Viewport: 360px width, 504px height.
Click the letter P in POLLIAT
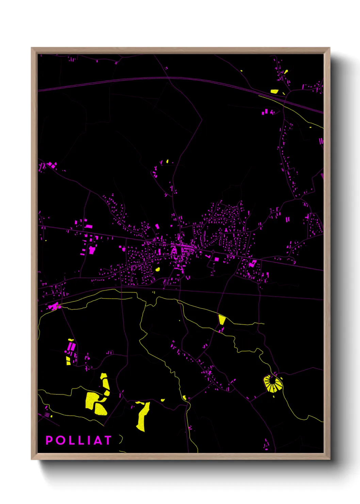tap(49, 440)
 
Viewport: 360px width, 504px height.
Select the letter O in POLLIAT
tap(62, 440)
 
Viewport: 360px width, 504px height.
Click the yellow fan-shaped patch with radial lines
tap(273, 384)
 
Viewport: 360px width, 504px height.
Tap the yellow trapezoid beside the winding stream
tap(222, 319)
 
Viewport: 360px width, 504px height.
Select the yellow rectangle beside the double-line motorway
tap(274, 91)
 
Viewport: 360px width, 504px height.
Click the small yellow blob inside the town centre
tap(158, 269)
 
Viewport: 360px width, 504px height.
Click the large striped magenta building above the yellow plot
tap(71, 347)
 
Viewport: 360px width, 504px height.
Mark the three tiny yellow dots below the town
tap(154, 292)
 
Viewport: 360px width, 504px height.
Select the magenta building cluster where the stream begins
tap(53, 306)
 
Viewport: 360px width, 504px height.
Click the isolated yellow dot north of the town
tap(167, 161)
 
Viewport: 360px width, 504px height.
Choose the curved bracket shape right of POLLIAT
tap(121, 439)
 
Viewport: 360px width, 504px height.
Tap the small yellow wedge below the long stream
tap(184, 397)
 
